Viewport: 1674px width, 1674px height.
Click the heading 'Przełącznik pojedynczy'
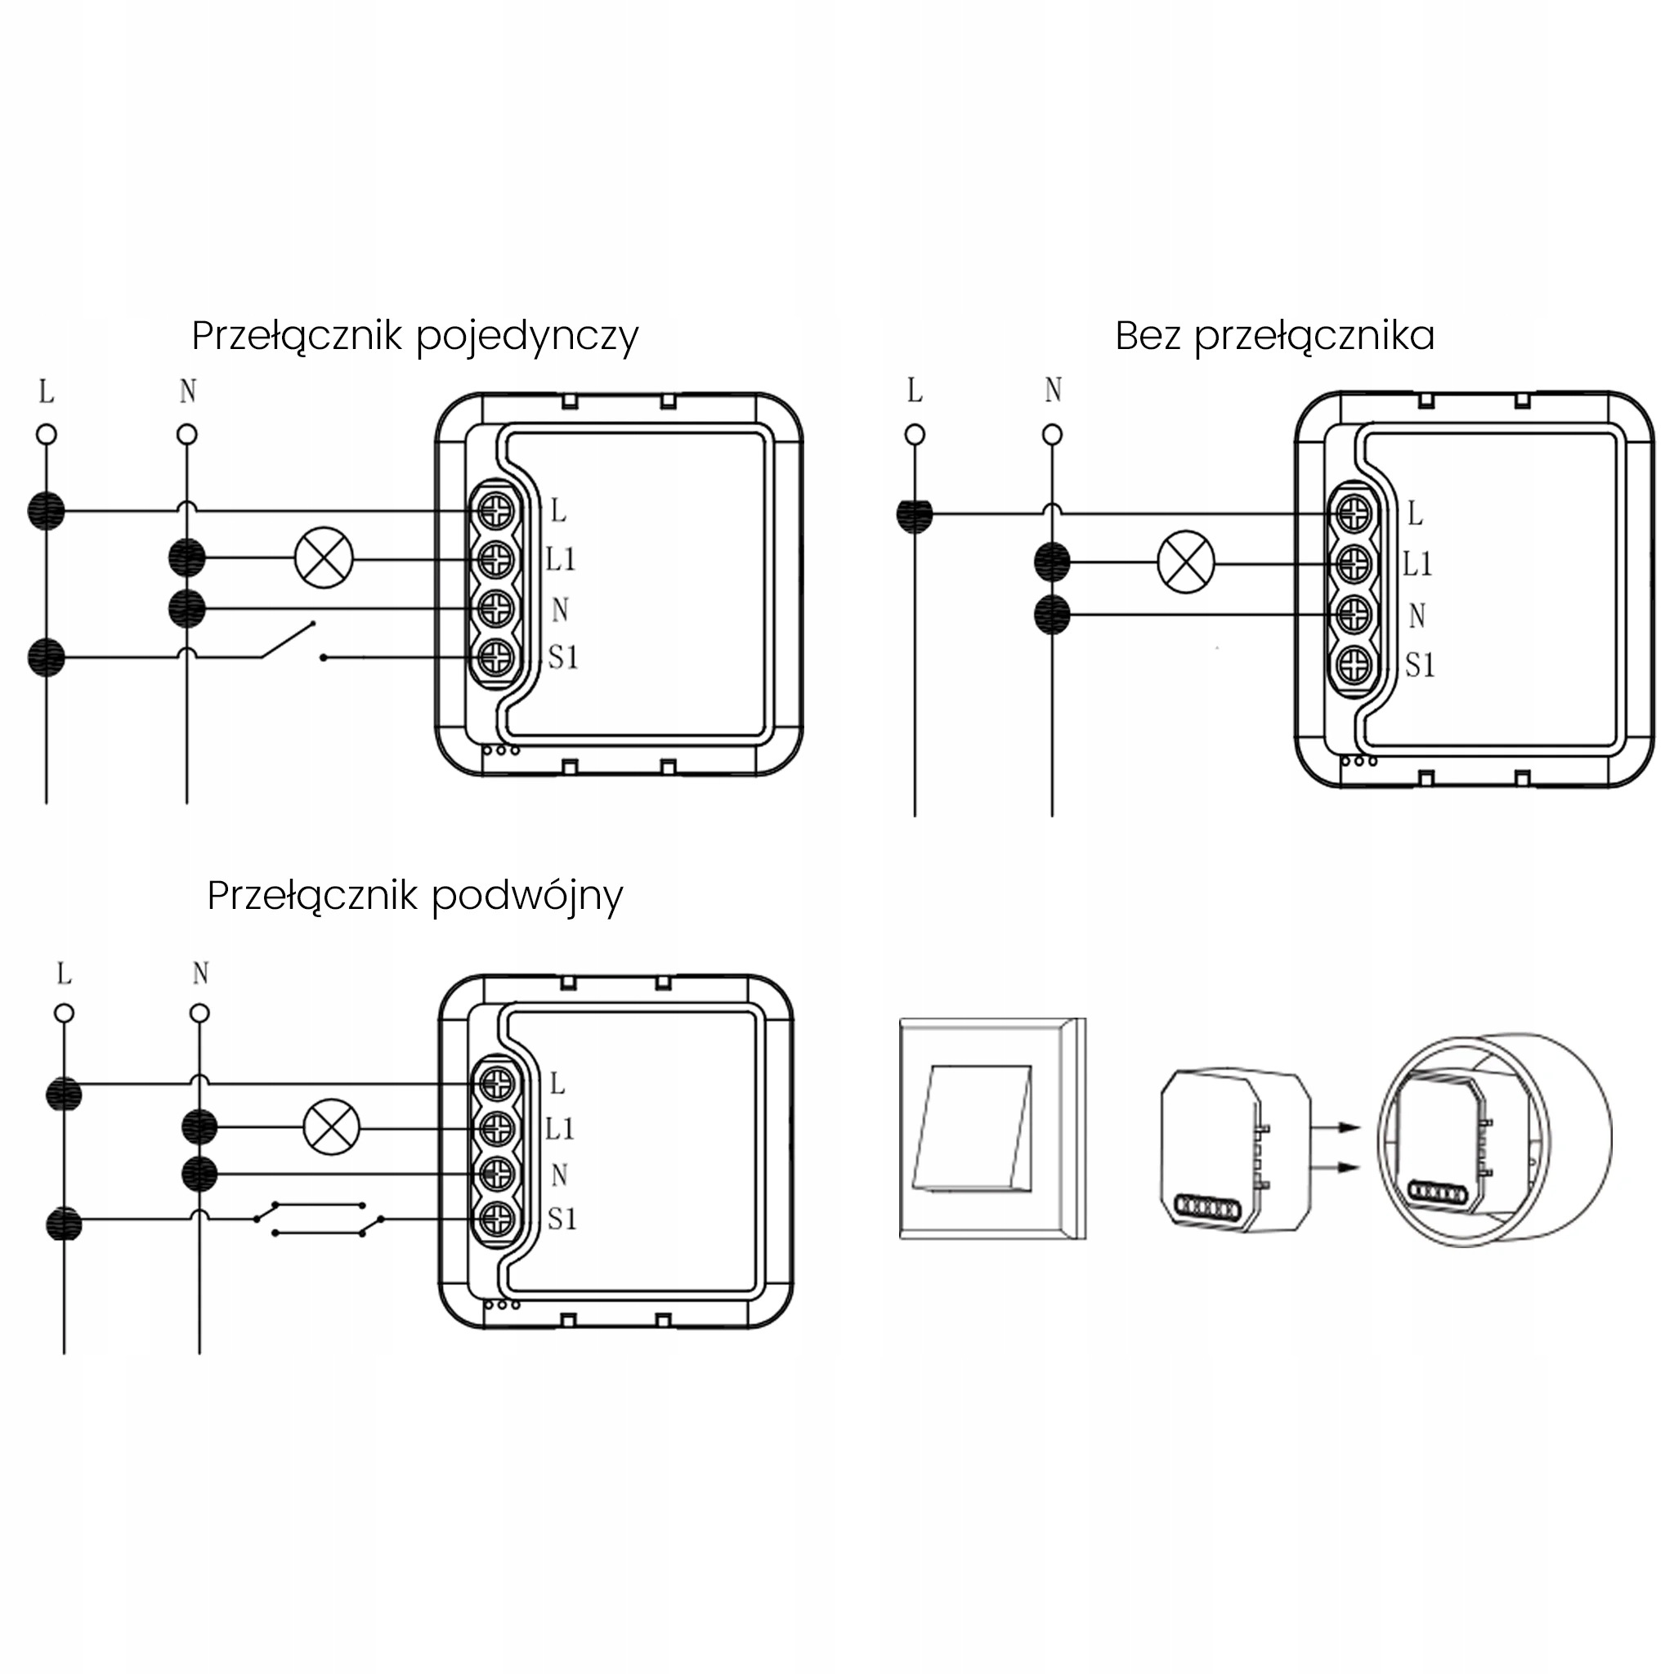[x=415, y=337]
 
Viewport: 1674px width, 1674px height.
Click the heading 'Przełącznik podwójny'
[x=415, y=897]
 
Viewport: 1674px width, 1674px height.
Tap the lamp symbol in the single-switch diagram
[x=324, y=559]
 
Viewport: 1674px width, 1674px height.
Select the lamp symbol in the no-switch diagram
[x=1186, y=562]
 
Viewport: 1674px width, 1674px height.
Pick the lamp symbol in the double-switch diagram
[x=331, y=1127]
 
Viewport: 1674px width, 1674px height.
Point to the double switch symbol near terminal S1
[x=318, y=1218]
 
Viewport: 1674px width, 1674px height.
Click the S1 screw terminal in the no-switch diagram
[x=1354, y=665]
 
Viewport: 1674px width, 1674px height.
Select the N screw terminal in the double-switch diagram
[x=497, y=1174]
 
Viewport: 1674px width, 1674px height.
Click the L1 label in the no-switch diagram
[x=1418, y=564]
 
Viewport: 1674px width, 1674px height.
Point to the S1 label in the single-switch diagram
[x=563, y=658]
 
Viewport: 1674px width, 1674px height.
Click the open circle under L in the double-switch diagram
[x=64, y=1013]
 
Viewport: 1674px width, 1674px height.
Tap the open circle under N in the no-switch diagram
[x=1052, y=434]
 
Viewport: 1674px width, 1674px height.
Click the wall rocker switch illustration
[x=993, y=1129]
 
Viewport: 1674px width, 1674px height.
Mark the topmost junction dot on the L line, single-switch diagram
[x=46, y=511]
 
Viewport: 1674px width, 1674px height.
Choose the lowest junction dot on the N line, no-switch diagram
[x=1053, y=615]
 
